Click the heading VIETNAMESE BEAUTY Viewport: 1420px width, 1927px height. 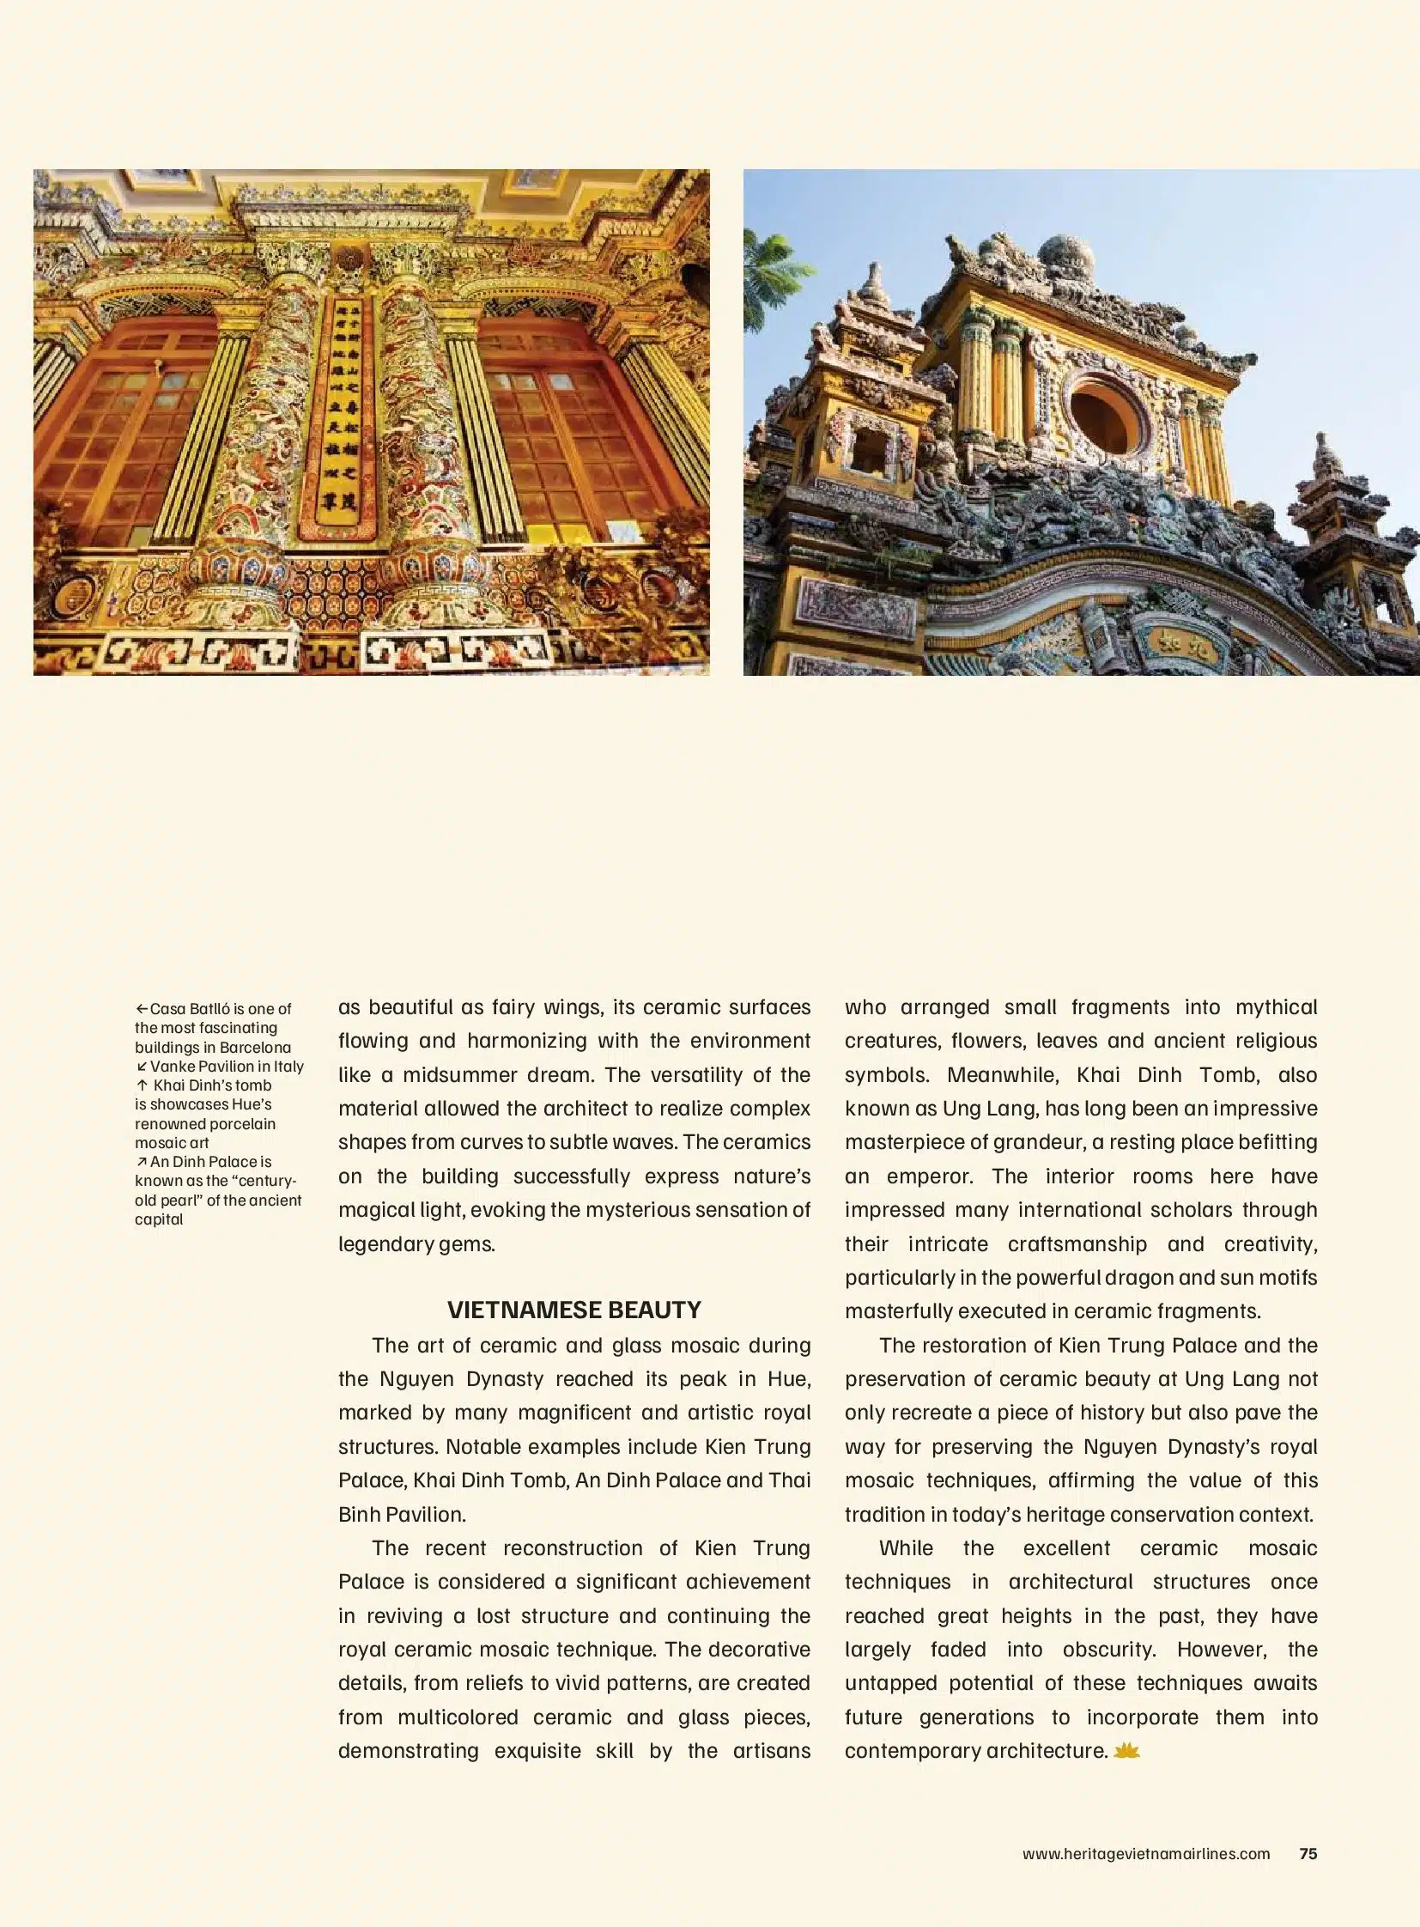pyautogui.click(x=573, y=1310)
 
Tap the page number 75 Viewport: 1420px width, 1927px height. pyautogui.click(x=1308, y=1854)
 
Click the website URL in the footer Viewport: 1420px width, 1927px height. pyautogui.click(x=1145, y=1854)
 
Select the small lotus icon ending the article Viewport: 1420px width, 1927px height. pyautogui.click(x=1126, y=1751)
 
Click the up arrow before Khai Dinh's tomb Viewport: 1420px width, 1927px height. pyautogui.click(x=143, y=1085)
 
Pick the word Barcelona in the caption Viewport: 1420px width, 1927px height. pyautogui.click(x=255, y=1048)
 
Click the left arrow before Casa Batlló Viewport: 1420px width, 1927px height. pyautogui.click(x=142, y=1009)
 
